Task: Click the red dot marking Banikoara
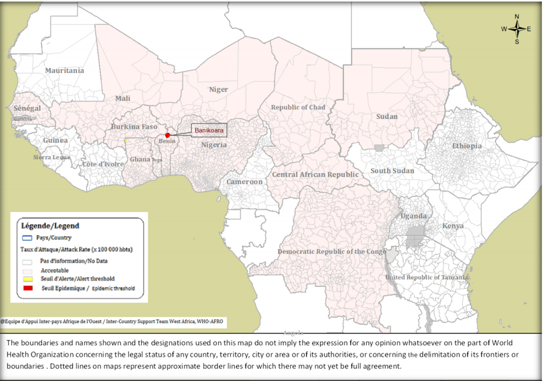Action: click(x=167, y=135)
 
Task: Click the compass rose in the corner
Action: click(x=516, y=29)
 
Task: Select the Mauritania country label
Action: click(x=64, y=71)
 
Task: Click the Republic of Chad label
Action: click(x=298, y=107)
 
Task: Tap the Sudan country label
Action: click(x=387, y=116)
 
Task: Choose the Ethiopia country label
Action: click(x=467, y=146)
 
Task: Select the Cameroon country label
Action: click(x=244, y=182)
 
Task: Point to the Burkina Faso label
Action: click(x=134, y=127)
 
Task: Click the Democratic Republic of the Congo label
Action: click(x=331, y=252)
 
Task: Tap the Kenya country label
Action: click(x=452, y=226)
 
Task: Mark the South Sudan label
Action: click(x=392, y=171)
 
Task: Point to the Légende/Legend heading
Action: click(x=50, y=226)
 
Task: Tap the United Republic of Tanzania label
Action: click(x=427, y=278)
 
